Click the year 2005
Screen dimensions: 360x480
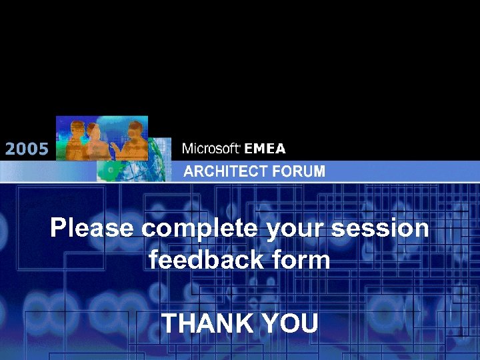point(27,149)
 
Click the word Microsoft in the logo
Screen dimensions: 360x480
point(211,148)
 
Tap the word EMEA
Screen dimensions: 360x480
point(265,148)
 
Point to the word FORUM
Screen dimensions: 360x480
point(303,171)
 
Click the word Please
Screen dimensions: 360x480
point(91,228)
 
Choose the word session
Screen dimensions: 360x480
point(381,228)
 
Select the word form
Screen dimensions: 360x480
point(301,259)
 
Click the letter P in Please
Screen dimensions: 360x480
point(59,228)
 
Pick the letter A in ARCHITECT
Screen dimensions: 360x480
point(189,171)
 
